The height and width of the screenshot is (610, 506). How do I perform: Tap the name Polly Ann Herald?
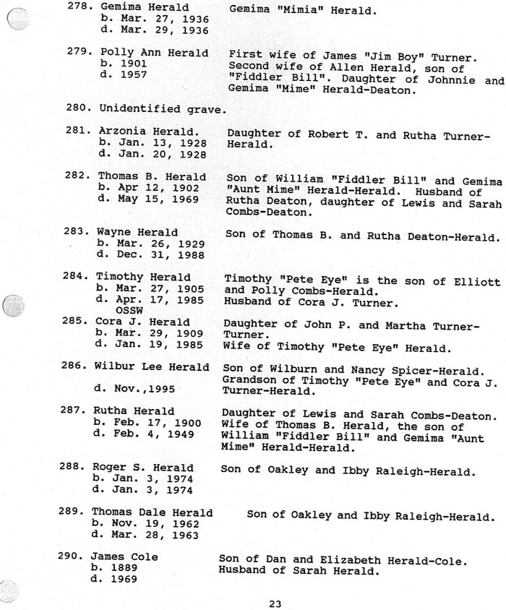point(154,53)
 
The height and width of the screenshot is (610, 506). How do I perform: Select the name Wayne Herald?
point(137,232)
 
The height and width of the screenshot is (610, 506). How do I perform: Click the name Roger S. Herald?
point(145,468)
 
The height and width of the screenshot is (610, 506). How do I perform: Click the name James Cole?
point(124,557)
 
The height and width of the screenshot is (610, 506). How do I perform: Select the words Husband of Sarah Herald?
point(299,571)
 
